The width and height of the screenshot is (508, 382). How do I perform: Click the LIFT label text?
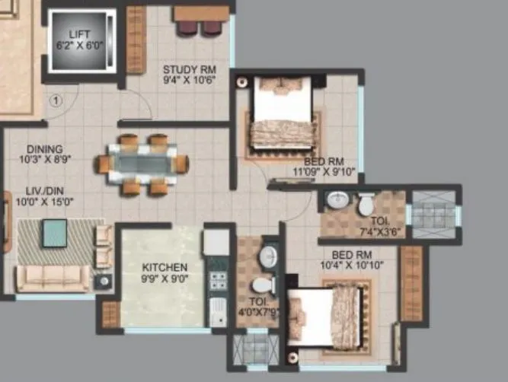80,34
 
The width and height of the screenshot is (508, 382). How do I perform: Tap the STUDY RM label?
184,71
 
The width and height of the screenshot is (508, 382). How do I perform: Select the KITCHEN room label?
165,268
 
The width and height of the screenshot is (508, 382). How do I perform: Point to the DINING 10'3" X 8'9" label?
44,155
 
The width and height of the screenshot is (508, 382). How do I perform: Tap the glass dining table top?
142,164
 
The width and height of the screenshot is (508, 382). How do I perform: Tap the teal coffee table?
54,232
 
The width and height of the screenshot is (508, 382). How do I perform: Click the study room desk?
201,14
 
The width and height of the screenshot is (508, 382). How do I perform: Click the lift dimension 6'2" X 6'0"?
80,46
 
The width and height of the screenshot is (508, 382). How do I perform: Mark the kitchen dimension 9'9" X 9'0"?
165,279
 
